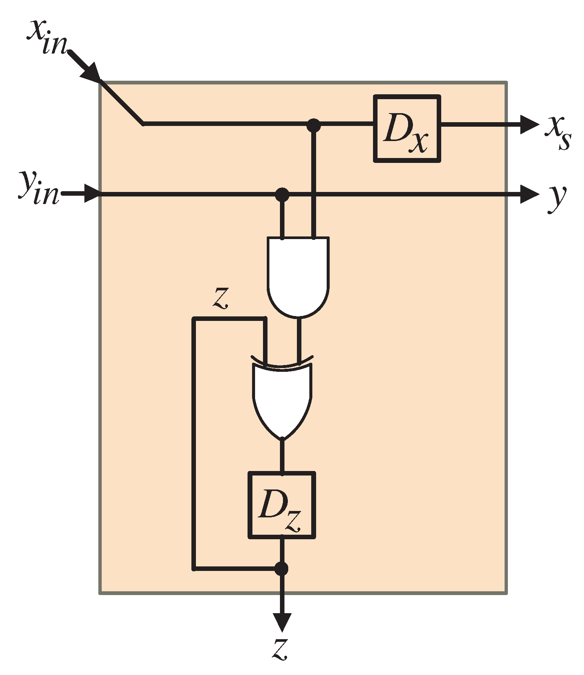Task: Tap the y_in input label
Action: pyautogui.click(x=39, y=187)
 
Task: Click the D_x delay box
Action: pyautogui.click(x=407, y=129)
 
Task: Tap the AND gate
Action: pyautogui.click(x=298, y=275)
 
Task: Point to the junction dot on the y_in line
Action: pyautogui.click(x=282, y=195)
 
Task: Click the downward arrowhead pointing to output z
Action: pyautogui.click(x=282, y=622)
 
